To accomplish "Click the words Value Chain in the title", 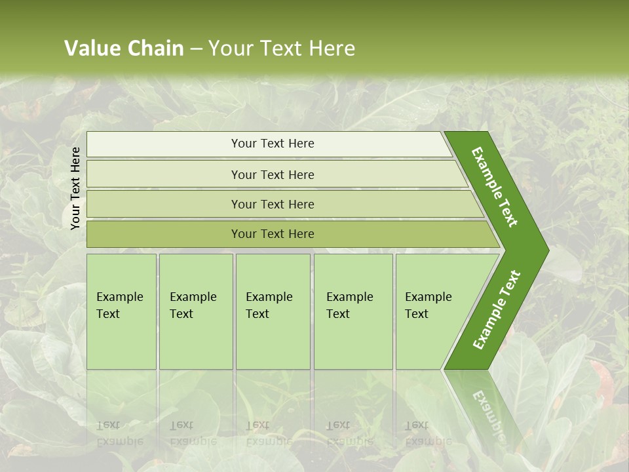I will [x=124, y=49].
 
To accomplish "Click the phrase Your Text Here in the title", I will [x=282, y=49].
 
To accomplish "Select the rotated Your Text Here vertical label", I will [x=75, y=188].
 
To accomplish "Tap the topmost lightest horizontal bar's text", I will [x=273, y=144].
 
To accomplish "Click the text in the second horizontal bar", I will [x=273, y=174].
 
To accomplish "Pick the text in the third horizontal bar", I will [x=273, y=204].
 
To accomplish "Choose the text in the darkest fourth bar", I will [x=273, y=234].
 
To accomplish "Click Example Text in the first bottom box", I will [x=119, y=305].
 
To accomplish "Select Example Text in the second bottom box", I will [x=193, y=305].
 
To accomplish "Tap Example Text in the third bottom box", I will [x=269, y=305].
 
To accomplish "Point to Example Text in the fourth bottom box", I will [x=349, y=305].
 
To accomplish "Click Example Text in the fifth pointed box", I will [x=428, y=305].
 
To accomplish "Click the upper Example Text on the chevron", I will [x=495, y=187].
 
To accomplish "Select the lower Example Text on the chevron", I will [x=496, y=309].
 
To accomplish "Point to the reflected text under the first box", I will [x=119, y=433].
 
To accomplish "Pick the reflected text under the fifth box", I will [x=428, y=433].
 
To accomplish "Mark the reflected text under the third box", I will [x=269, y=433].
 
